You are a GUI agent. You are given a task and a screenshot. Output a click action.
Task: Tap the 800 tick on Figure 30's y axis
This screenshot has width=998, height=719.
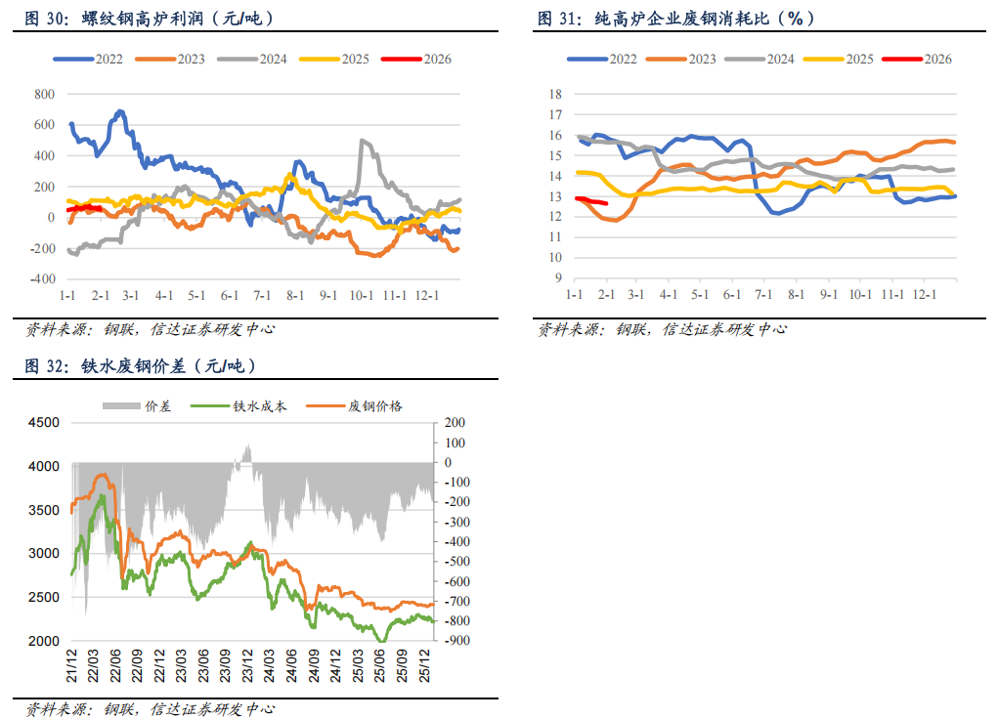(x=43, y=95)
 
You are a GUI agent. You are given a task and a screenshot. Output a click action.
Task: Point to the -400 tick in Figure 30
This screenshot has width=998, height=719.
(x=40, y=279)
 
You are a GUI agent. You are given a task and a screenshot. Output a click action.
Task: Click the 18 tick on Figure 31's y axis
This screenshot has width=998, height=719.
(x=555, y=95)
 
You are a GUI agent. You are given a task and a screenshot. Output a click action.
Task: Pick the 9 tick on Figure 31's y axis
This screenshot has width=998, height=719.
(x=558, y=278)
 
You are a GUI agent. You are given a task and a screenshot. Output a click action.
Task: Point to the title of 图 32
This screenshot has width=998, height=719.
(x=137, y=367)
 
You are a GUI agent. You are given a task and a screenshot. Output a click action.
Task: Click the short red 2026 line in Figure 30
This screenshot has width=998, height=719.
(x=84, y=208)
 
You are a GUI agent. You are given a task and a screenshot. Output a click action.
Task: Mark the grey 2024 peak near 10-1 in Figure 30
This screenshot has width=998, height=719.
(x=363, y=141)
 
